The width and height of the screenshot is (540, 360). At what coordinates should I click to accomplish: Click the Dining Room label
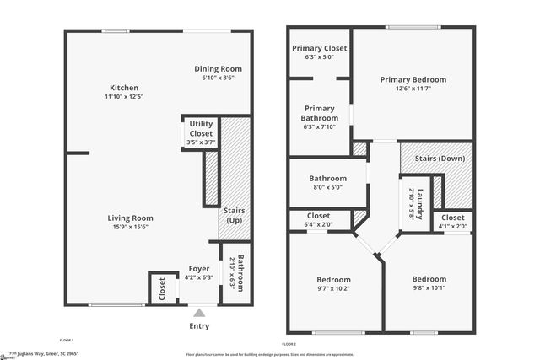pos(218,68)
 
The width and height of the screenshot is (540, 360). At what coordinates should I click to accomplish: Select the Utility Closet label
pos(201,128)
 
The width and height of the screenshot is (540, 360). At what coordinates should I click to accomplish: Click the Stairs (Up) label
pos(234,214)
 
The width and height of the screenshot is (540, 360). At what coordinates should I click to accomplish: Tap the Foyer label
pos(198,269)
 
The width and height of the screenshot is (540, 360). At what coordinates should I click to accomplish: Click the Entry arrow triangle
pos(199,313)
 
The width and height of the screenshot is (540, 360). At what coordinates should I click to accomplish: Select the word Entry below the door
pos(199,326)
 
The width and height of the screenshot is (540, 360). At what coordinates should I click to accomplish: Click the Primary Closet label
pos(319,48)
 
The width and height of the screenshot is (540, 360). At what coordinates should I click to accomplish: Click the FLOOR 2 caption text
pos(289,344)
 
